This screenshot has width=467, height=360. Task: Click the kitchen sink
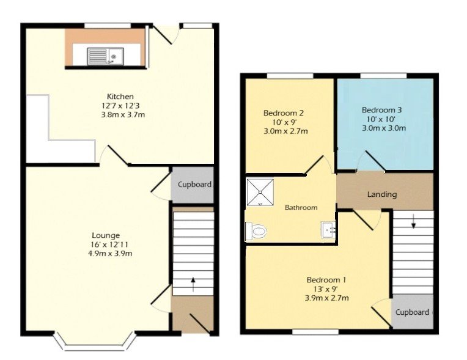pos(105,56)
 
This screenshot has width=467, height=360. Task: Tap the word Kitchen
pos(119,97)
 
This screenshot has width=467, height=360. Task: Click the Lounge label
pos(106,235)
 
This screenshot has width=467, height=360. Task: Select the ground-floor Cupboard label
pos(194,185)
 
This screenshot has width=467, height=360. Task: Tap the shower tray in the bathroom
pos(261,192)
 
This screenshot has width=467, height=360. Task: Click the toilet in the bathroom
pos(257,231)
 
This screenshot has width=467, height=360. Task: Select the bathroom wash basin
pos(328,229)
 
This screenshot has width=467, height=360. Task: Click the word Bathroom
pos(301,208)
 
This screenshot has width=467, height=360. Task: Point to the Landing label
pos(382,194)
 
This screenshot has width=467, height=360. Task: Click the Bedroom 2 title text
pos(284,113)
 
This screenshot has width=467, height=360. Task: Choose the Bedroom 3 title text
pos(381,110)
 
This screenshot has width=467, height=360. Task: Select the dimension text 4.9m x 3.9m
pos(109,254)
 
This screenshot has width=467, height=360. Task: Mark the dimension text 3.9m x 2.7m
pos(327,298)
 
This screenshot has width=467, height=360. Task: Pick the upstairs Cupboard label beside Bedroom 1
pos(413,312)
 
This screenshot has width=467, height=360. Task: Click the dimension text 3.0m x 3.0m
pos(384,128)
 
